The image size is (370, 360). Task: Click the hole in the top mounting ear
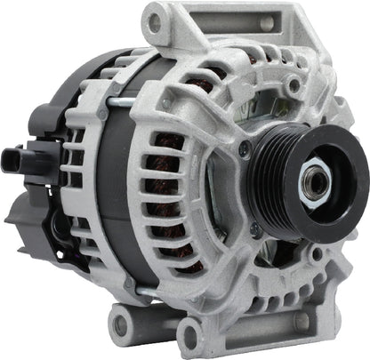click(158, 16)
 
